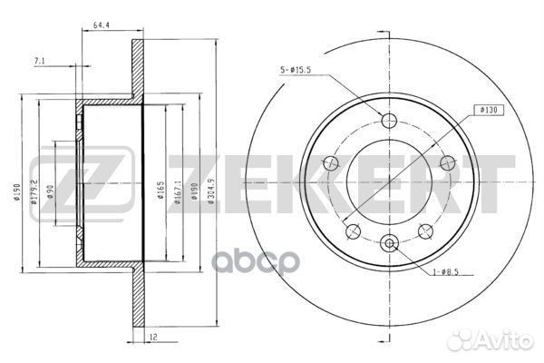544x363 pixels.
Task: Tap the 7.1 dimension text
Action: [x=40, y=61]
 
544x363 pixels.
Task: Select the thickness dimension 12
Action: [x=153, y=337]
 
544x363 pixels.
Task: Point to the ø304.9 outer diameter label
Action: [x=211, y=191]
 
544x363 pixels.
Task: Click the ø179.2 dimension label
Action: [x=34, y=191]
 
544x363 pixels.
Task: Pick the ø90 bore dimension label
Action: [x=51, y=191]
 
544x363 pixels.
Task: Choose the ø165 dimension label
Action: [x=160, y=190]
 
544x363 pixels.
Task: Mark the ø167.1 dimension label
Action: [x=178, y=191]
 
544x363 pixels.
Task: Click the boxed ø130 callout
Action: [x=489, y=110]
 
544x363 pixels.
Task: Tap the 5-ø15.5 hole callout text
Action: [x=296, y=70]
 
